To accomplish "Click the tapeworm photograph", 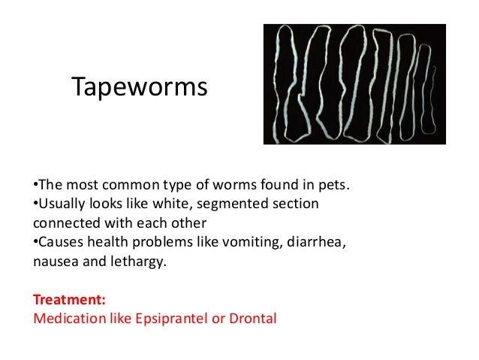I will pyautogui.click(x=354, y=83).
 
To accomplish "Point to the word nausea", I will pyautogui.click(x=55, y=263).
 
